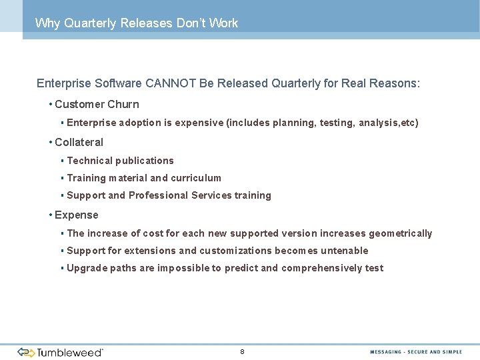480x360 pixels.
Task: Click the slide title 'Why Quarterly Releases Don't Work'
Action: tap(136, 23)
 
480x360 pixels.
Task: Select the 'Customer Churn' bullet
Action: tap(97, 104)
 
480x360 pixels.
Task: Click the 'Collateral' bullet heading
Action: tap(79, 142)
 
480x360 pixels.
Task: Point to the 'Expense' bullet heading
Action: tap(76, 215)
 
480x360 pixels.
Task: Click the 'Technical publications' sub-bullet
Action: tap(120, 161)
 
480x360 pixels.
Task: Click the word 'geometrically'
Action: tap(400, 233)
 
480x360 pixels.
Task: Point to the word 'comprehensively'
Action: tap(321, 268)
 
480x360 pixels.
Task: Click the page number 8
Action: tap(242, 351)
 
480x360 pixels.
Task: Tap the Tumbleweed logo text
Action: tap(70, 352)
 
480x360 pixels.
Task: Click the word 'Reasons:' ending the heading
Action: tap(397, 84)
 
